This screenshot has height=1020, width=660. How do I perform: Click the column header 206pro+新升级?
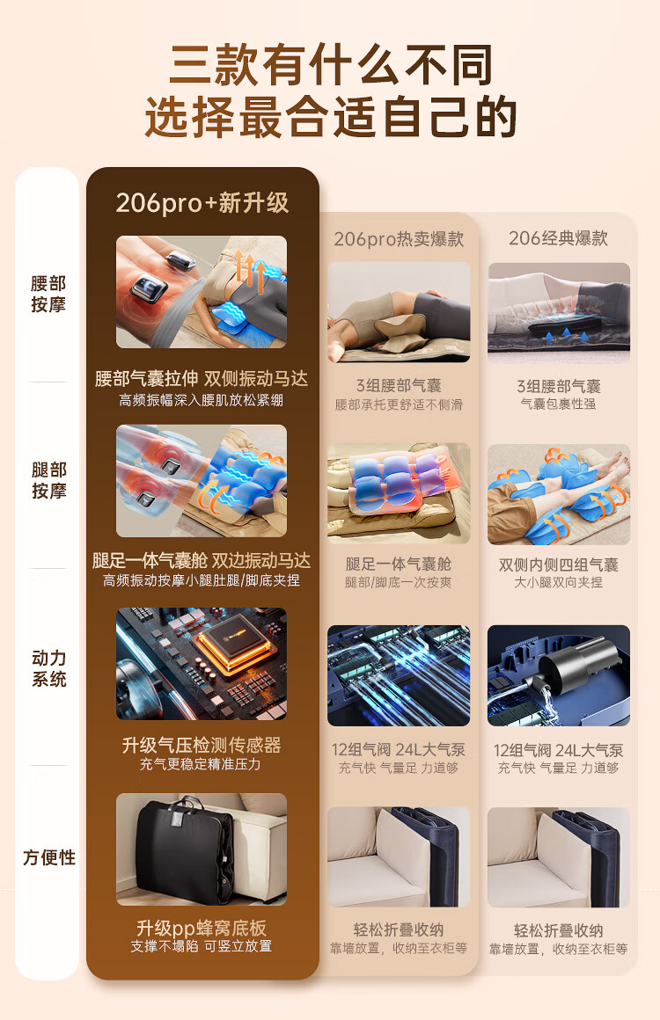pyautogui.click(x=202, y=203)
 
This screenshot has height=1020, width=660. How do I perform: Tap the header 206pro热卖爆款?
pyautogui.click(x=399, y=239)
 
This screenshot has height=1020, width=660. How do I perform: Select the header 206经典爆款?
pyautogui.click(x=558, y=238)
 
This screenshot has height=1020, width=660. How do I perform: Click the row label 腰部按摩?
pyautogui.click(x=48, y=294)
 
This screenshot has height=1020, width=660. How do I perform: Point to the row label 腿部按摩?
pyautogui.click(x=48, y=480)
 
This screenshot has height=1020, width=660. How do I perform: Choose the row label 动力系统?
pyautogui.click(x=48, y=668)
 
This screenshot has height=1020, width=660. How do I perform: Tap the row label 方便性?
pyautogui.click(x=48, y=857)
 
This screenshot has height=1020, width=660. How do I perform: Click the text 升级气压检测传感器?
pyautogui.click(x=202, y=745)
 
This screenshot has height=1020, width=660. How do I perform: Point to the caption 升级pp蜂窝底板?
pyautogui.click(x=202, y=928)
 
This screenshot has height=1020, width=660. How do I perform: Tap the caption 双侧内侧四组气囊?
pyautogui.click(x=559, y=565)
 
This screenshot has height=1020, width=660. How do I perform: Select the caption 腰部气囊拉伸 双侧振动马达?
pyautogui.click(x=202, y=379)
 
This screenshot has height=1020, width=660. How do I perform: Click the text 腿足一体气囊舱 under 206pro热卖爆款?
pyautogui.click(x=399, y=564)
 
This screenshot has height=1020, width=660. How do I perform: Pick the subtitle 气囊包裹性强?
pyautogui.click(x=558, y=404)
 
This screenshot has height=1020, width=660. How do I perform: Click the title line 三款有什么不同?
pyautogui.click(x=331, y=65)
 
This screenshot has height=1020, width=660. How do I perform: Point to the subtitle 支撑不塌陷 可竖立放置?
pyautogui.click(x=202, y=946)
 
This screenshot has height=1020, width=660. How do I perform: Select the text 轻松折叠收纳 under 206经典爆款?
pyautogui.click(x=559, y=930)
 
